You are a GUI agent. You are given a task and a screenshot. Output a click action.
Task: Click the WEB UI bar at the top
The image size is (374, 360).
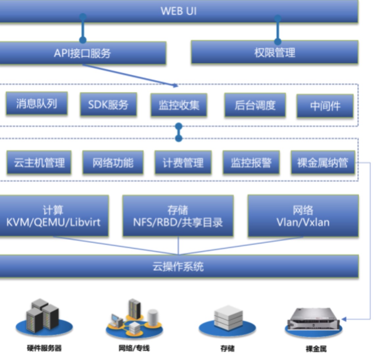pyautogui.click(x=178, y=11)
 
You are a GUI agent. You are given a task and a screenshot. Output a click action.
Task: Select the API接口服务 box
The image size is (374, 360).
pyautogui.click(x=82, y=53)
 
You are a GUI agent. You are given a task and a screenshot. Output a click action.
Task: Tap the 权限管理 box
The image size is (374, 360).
pyautogui.click(x=275, y=52)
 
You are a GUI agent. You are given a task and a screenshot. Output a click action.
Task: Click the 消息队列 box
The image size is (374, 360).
pyautogui.click(x=36, y=104)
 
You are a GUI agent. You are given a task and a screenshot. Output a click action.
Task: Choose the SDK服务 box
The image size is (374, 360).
pyautogui.click(x=108, y=105)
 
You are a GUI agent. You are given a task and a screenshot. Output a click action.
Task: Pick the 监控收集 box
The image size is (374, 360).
pyautogui.click(x=179, y=105)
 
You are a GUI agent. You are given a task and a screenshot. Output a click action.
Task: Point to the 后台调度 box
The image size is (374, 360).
pyautogui.click(x=255, y=105)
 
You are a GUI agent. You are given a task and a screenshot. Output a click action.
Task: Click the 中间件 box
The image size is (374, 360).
pyautogui.click(x=325, y=106)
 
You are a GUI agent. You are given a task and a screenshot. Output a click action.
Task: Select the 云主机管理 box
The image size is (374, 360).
pyautogui.click(x=39, y=162)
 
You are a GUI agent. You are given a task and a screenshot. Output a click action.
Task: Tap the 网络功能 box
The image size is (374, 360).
pyautogui.click(x=113, y=162)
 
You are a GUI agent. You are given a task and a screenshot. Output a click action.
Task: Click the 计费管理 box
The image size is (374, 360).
pyautogui.click(x=183, y=162)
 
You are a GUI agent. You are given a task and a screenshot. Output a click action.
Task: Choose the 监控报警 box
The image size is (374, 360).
pyautogui.click(x=251, y=162)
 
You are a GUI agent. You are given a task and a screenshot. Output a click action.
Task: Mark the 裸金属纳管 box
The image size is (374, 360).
pyautogui.click(x=323, y=162)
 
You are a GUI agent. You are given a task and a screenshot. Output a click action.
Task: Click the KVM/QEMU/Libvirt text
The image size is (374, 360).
pyautogui.click(x=53, y=222)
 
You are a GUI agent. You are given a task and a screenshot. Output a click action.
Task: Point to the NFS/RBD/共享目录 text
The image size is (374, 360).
pyautogui.click(x=178, y=222)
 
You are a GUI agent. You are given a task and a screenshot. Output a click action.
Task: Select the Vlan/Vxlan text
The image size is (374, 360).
pyautogui.click(x=303, y=222)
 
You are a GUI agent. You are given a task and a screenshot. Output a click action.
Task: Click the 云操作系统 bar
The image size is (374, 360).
pyautogui.click(x=178, y=266)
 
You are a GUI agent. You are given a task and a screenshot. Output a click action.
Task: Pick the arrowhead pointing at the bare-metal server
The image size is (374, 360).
pyautogui.click(x=344, y=319)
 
